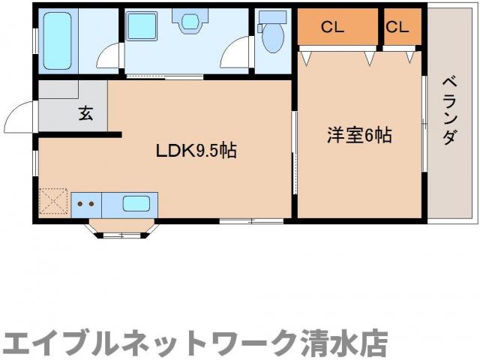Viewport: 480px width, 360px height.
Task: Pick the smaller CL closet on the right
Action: [x=397, y=27]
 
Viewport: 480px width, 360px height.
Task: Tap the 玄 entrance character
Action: [x=85, y=114]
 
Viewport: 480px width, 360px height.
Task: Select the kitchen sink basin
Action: [x=135, y=202]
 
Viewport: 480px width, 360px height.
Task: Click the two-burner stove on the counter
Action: [x=86, y=202]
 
